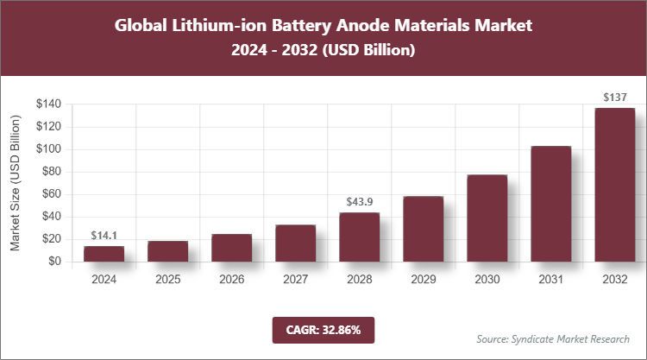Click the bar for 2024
tap(104, 253)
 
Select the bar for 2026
tap(231, 247)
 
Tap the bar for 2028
tap(359, 237)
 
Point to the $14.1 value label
tap(104, 236)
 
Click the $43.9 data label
tap(359, 202)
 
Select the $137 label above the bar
tap(614, 98)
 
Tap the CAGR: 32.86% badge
tap(323, 330)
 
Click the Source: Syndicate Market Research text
tap(553, 338)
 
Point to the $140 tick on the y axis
tap(47, 104)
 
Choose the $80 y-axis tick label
tap(51, 172)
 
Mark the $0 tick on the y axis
tap(54, 261)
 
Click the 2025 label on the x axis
tap(167, 279)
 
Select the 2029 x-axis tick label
tap(423, 279)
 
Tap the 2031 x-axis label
tap(550, 279)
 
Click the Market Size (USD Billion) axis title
tap(16, 182)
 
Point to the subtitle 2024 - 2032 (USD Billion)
tap(323, 51)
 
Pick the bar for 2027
tap(295, 243)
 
